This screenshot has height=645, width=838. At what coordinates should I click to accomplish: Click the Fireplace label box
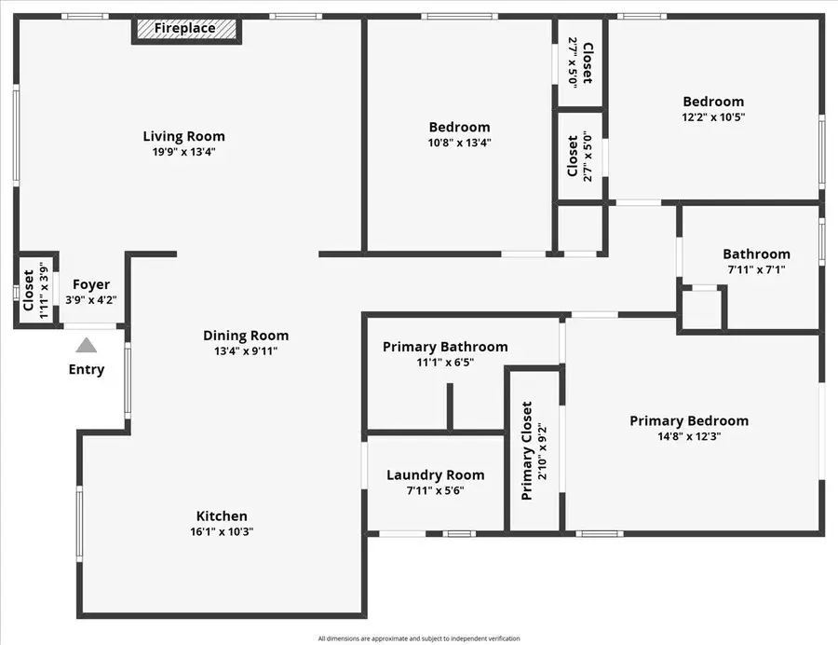point(185,29)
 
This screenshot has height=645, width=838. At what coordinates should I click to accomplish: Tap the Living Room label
point(183,136)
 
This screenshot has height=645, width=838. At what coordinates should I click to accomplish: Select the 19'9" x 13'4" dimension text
point(183,152)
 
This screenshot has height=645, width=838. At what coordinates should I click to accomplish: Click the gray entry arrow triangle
point(86,345)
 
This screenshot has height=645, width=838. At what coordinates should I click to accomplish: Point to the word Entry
point(87,369)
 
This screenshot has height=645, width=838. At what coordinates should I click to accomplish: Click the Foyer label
point(91,284)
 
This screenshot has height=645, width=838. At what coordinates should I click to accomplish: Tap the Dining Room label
point(246,336)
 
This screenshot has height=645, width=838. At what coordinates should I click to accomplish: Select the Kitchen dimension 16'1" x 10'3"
point(222,531)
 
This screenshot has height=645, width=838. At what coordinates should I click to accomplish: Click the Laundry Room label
point(435,474)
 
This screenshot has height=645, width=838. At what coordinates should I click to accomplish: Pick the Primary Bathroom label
point(445,347)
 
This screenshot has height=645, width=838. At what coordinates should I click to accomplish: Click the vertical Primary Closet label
point(527,451)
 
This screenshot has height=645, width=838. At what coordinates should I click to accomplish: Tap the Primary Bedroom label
point(689,420)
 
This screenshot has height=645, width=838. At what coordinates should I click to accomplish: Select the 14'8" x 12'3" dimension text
point(689,436)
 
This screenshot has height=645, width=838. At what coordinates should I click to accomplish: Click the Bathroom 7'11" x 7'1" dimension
point(756,269)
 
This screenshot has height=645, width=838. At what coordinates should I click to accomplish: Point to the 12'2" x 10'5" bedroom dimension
point(713,117)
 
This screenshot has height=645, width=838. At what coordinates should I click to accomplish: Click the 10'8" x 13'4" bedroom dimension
point(459,143)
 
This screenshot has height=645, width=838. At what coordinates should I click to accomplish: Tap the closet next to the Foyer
point(29,292)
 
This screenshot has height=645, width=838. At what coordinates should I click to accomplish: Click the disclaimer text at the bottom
point(418,638)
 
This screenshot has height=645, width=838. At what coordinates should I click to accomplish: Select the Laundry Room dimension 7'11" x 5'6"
point(435,490)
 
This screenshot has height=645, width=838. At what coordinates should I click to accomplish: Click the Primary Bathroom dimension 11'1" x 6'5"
point(445,363)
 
